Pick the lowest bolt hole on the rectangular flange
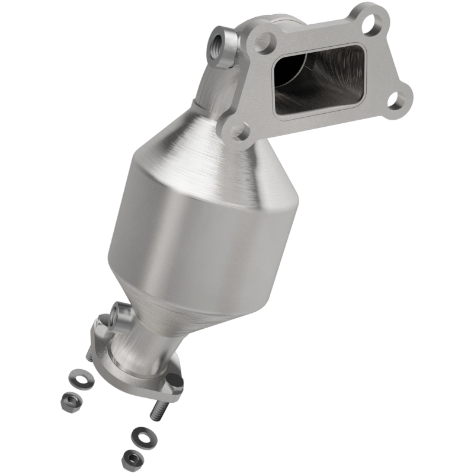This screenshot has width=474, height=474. [x=240, y=130]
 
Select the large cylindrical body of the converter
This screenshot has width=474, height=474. [x=196, y=237]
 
